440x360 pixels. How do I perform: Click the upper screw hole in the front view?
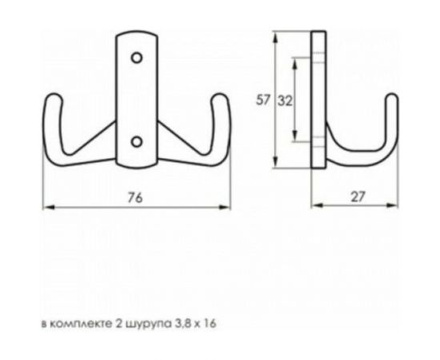coord(137,58)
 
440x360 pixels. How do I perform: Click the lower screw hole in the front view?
coord(137,142)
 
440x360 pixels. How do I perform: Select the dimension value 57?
coord(262,100)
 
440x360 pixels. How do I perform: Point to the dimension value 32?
coord(284,100)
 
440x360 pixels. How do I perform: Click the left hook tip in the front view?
coord(50,100)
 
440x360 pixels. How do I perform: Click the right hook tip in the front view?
coord(222,100)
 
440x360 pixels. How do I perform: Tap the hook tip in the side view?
coord(392,98)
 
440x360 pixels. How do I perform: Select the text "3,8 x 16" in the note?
coord(197,324)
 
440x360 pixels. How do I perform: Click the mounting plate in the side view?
coord(319,100)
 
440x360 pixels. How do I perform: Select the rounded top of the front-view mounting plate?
coord(137,35)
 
